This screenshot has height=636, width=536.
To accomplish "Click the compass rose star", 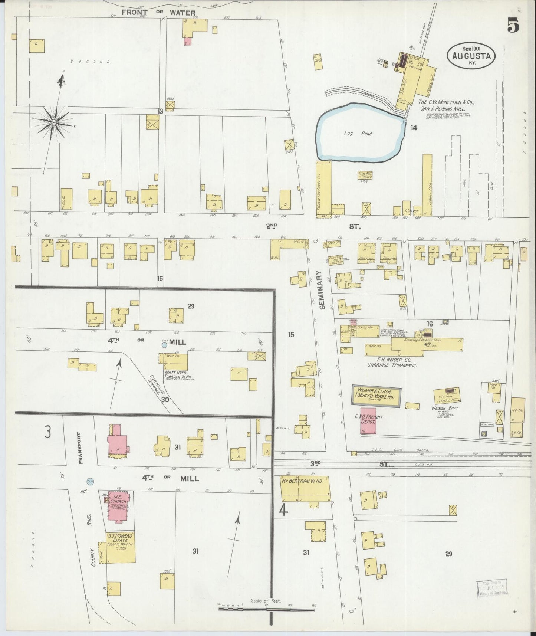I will [54, 122].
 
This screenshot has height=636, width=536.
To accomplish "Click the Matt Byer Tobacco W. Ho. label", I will [180, 374].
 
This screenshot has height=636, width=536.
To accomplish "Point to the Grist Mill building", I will [365, 175].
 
